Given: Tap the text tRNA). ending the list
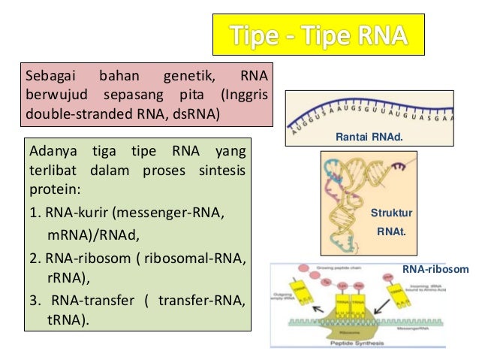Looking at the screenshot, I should [x=67, y=319].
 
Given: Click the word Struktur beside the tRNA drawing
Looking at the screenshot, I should [x=390, y=213].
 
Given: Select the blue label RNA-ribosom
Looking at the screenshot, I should [x=435, y=268].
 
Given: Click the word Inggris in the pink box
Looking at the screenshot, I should [x=247, y=96].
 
